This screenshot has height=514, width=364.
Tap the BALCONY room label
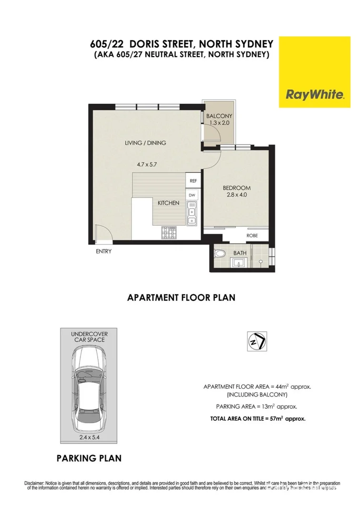point(219,116)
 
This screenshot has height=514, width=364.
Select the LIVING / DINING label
point(145,142)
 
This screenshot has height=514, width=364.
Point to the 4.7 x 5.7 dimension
point(147,164)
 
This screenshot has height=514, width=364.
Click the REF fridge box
point(193,181)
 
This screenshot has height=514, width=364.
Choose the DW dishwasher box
point(192,195)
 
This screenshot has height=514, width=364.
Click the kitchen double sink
point(192,212)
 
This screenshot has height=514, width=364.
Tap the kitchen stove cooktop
point(170,233)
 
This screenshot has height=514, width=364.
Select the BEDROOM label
point(237,188)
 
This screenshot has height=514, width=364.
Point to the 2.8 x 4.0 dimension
point(237,195)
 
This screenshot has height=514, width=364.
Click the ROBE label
point(252,236)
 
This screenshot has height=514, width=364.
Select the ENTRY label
point(103,251)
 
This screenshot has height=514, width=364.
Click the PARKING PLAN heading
point(89,459)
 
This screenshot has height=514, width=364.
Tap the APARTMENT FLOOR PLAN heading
point(181,298)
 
